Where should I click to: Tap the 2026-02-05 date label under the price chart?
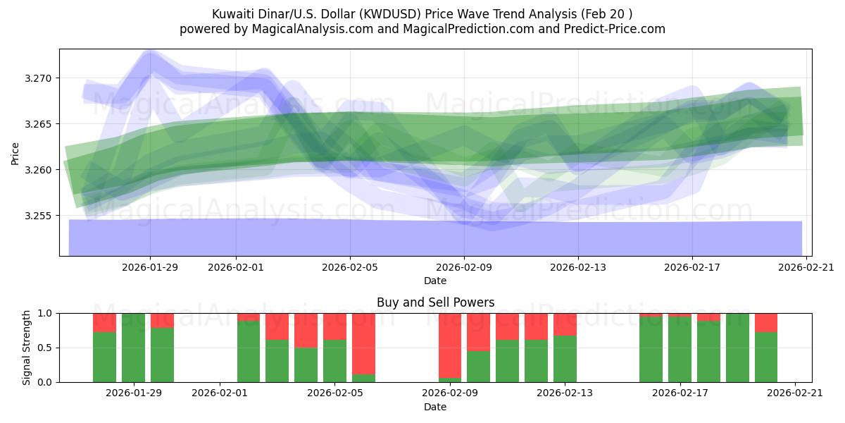[x=350, y=267]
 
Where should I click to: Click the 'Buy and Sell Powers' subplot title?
[x=435, y=302]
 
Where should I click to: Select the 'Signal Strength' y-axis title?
[x=26, y=348]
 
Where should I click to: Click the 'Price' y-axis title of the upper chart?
[x=15, y=152]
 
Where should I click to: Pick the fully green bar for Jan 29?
[x=133, y=348]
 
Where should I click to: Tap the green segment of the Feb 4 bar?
[x=306, y=364]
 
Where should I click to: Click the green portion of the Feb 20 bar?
[x=766, y=357]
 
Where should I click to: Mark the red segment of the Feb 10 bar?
[x=479, y=332]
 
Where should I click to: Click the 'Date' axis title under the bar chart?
[x=435, y=407]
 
